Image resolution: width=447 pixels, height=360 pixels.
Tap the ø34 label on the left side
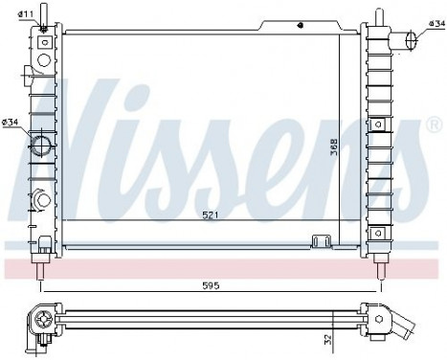point(11,122)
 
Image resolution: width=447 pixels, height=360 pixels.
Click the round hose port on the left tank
point(42,146)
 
